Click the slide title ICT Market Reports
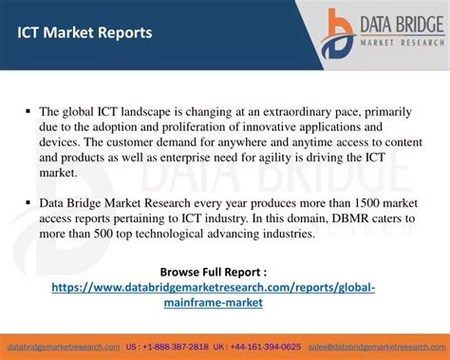coord(84,33)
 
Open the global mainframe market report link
coord(214,294)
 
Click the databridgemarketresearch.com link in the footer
coord(63,347)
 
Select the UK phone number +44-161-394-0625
coord(268,347)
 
